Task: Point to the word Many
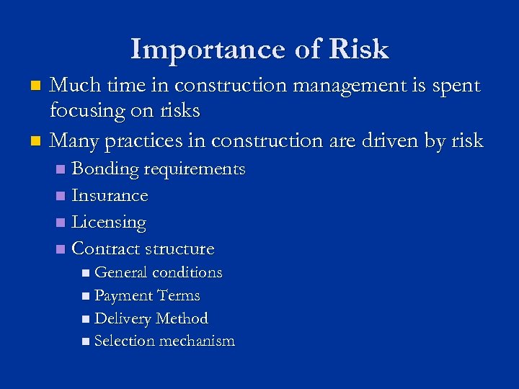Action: click(74, 140)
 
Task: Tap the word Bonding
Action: click(106, 170)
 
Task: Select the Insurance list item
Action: click(110, 196)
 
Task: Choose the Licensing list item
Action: click(110, 223)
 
